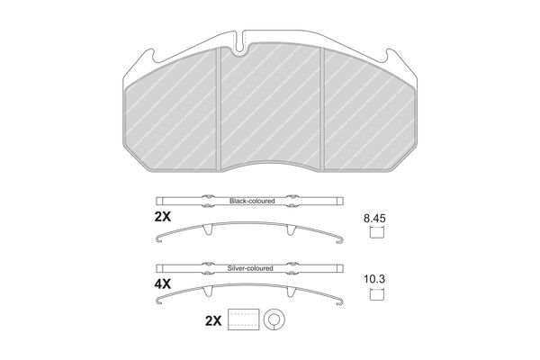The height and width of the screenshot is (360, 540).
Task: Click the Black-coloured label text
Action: [252, 201]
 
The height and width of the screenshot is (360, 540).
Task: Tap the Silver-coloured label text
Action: [250, 268]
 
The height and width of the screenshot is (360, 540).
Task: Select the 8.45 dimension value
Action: [374, 219]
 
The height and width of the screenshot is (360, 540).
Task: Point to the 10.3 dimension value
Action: [374, 279]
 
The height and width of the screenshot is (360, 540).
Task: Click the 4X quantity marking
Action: [163, 284]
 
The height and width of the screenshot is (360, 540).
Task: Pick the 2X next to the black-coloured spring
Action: [163, 217]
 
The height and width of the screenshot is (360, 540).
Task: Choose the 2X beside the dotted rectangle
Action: [213, 321]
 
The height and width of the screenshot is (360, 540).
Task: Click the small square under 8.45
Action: [377, 232]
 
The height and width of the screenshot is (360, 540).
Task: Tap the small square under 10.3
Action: [377, 294]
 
